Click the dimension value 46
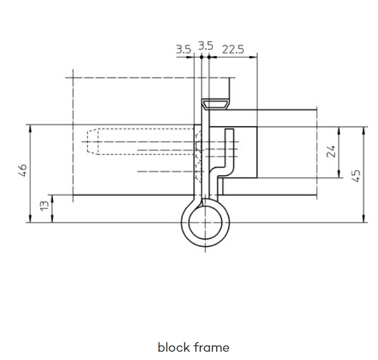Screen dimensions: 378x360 (23, 171)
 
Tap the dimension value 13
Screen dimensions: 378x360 (45, 206)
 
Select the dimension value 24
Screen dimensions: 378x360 (331, 151)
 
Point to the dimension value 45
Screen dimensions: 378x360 (356, 176)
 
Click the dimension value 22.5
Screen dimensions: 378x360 (233, 50)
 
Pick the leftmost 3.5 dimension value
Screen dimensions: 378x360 (184, 50)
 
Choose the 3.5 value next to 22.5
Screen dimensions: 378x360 (206, 46)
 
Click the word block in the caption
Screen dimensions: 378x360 (174, 347)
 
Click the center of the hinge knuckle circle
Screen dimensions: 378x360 (205, 222)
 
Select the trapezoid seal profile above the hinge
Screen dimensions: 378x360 (215, 104)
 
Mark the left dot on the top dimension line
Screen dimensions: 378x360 (201, 57)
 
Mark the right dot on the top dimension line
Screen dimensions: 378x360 (209, 57)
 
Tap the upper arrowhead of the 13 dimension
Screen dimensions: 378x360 (52, 199)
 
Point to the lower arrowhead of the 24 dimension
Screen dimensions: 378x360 (339, 174)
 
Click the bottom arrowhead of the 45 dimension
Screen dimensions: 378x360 (364, 219)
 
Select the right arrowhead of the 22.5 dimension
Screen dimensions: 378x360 (253, 57)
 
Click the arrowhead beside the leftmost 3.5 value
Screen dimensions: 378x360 (190, 57)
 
